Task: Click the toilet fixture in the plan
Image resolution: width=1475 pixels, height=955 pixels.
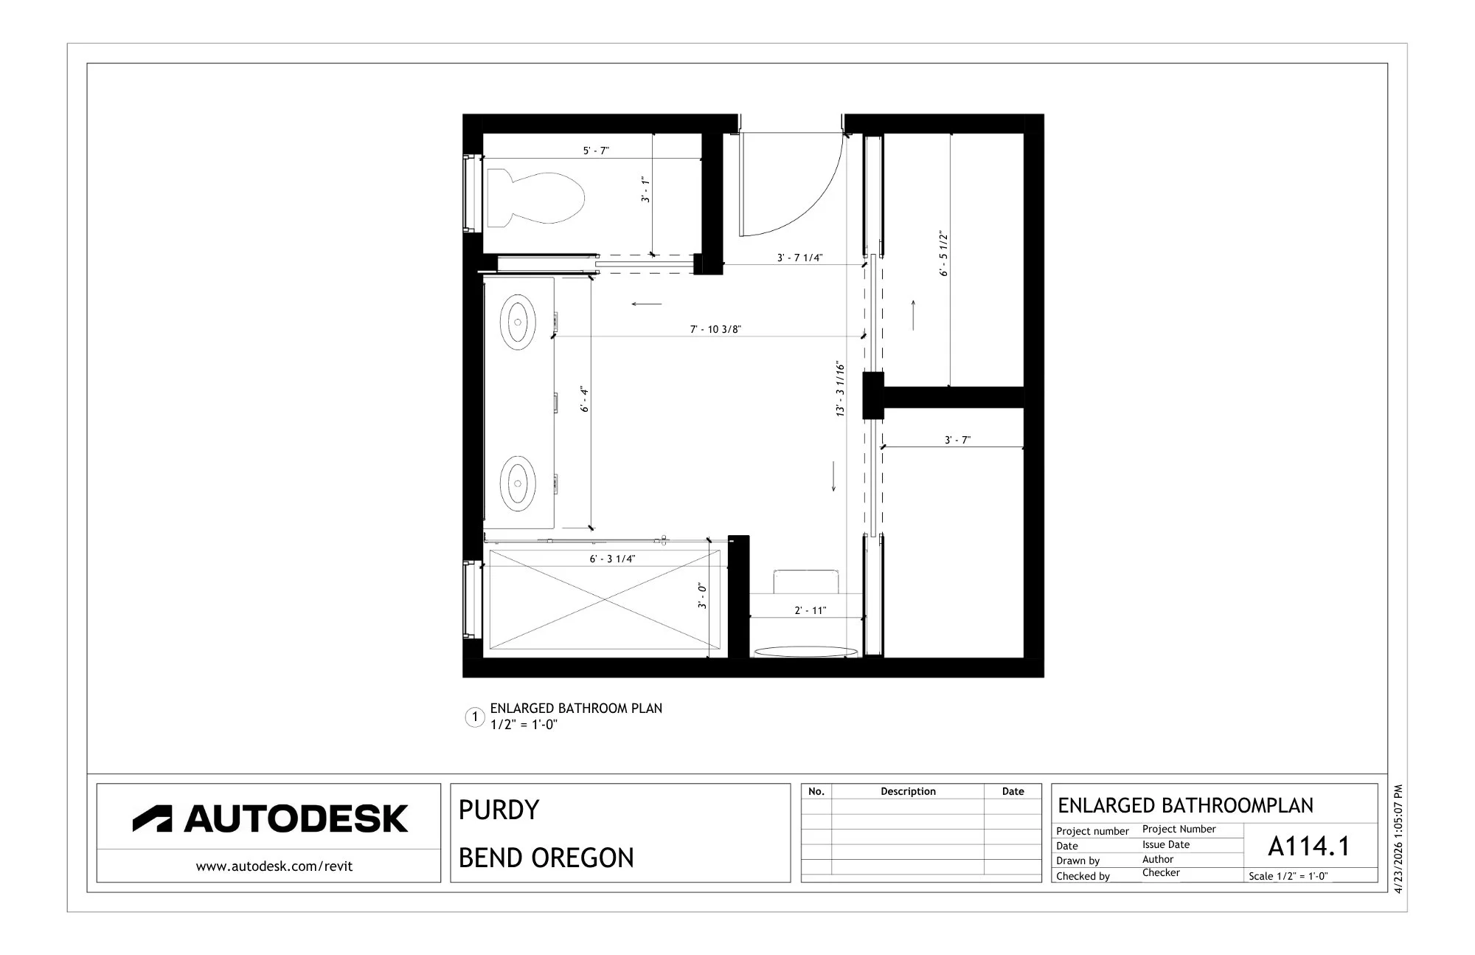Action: (535, 198)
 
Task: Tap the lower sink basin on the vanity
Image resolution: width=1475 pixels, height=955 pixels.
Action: (518, 483)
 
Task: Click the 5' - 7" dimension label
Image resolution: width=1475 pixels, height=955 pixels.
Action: (596, 151)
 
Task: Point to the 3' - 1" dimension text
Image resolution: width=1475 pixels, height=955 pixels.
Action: (645, 189)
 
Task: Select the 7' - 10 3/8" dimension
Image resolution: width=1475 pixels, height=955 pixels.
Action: (715, 329)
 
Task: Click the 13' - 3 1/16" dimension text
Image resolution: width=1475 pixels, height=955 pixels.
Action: (841, 389)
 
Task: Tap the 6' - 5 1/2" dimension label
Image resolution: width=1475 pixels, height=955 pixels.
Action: (944, 254)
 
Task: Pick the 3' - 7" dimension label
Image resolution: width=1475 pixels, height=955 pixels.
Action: (957, 440)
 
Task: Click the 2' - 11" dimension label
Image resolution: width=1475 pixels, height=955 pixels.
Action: (811, 610)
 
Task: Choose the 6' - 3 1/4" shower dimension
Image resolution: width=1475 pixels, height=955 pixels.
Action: (612, 559)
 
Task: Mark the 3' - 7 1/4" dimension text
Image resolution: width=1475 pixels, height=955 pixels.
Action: (799, 258)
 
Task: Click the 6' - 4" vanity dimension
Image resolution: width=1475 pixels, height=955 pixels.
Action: (585, 399)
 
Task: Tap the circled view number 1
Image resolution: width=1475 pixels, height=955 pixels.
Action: (475, 717)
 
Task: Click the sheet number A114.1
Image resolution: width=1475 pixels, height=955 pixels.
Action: (1309, 846)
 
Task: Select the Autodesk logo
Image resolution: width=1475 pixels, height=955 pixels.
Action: (270, 818)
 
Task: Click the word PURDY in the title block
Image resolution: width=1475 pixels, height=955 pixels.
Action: (499, 810)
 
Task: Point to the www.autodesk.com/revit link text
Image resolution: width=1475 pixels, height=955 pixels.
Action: (274, 866)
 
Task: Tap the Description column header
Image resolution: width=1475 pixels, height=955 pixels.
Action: (908, 791)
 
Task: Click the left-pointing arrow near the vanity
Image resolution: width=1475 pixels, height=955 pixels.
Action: (647, 303)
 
